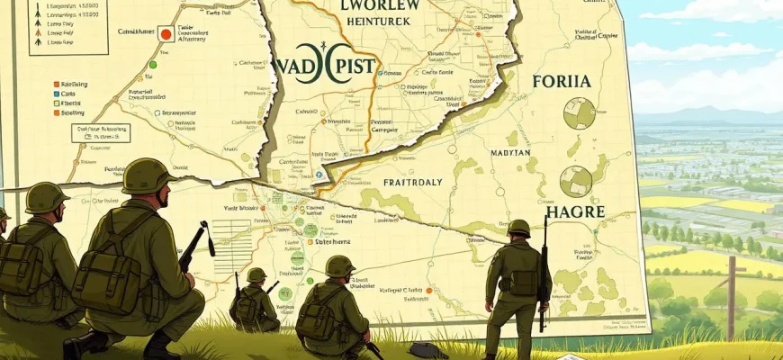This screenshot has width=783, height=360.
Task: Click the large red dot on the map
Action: point(166,34)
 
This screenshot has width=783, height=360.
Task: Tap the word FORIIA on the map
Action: point(561,81)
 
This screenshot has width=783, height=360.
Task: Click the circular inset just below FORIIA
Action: point(579,113)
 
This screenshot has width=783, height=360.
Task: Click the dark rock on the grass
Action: point(424,349)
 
